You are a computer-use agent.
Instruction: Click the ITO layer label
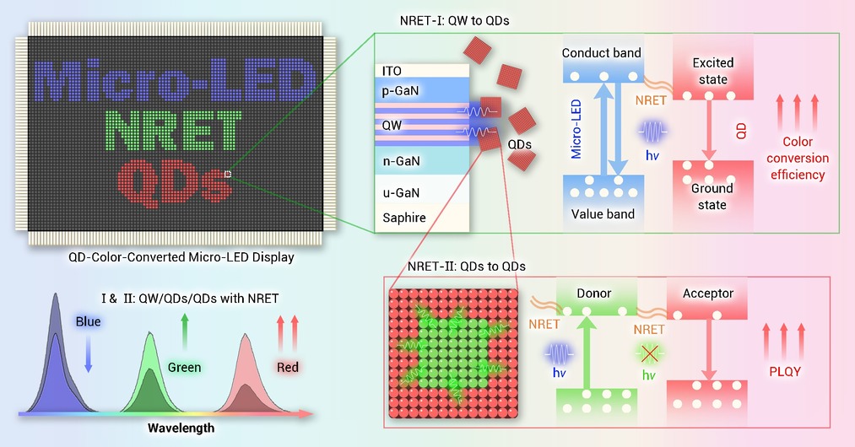point(392,71)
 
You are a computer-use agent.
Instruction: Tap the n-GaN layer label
point(401,161)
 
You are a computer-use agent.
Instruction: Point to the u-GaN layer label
point(401,193)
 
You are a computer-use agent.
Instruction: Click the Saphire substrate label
point(404,218)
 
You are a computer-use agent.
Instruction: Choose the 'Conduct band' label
point(602,53)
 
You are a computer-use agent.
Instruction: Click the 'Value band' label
point(603,213)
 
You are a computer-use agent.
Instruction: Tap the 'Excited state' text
point(713,71)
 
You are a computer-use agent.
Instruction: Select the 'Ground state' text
point(712,197)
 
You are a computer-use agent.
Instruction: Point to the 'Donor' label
point(594,294)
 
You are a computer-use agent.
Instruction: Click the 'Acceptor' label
point(708,294)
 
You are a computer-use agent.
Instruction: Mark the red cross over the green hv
point(649,354)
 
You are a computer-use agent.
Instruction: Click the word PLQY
point(785,372)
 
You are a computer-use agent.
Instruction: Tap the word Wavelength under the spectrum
point(181,428)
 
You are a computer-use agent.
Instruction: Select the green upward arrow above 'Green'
point(184,331)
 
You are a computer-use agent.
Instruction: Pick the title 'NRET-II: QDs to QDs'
point(466,267)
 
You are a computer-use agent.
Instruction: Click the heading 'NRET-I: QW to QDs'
point(454,21)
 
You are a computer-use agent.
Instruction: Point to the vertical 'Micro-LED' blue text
point(576,129)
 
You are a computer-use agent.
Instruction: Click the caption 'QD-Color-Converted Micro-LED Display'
point(181,257)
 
